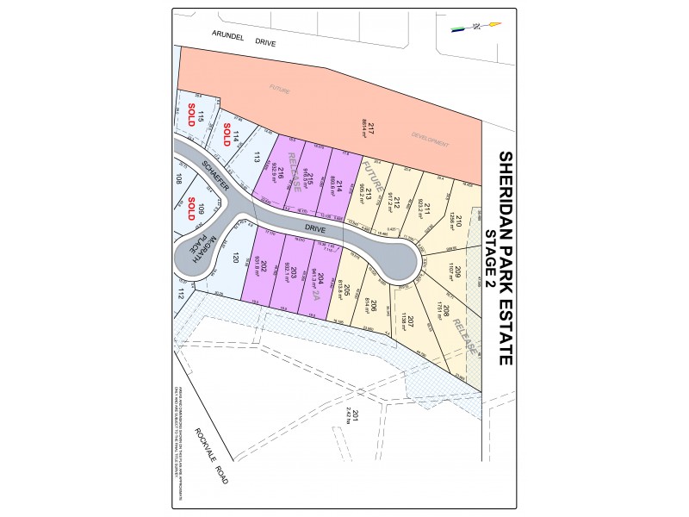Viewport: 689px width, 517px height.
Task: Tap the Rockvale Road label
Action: click(x=211, y=456)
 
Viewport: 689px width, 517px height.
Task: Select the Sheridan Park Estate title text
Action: click(x=506, y=258)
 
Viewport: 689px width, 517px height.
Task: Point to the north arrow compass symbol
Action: click(x=475, y=26)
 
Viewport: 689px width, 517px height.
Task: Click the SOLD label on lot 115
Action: click(x=191, y=115)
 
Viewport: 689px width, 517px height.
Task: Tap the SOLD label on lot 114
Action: click(x=227, y=135)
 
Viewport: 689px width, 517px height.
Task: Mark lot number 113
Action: click(x=257, y=157)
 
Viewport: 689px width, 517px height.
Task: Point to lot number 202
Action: click(x=264, y=267)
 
